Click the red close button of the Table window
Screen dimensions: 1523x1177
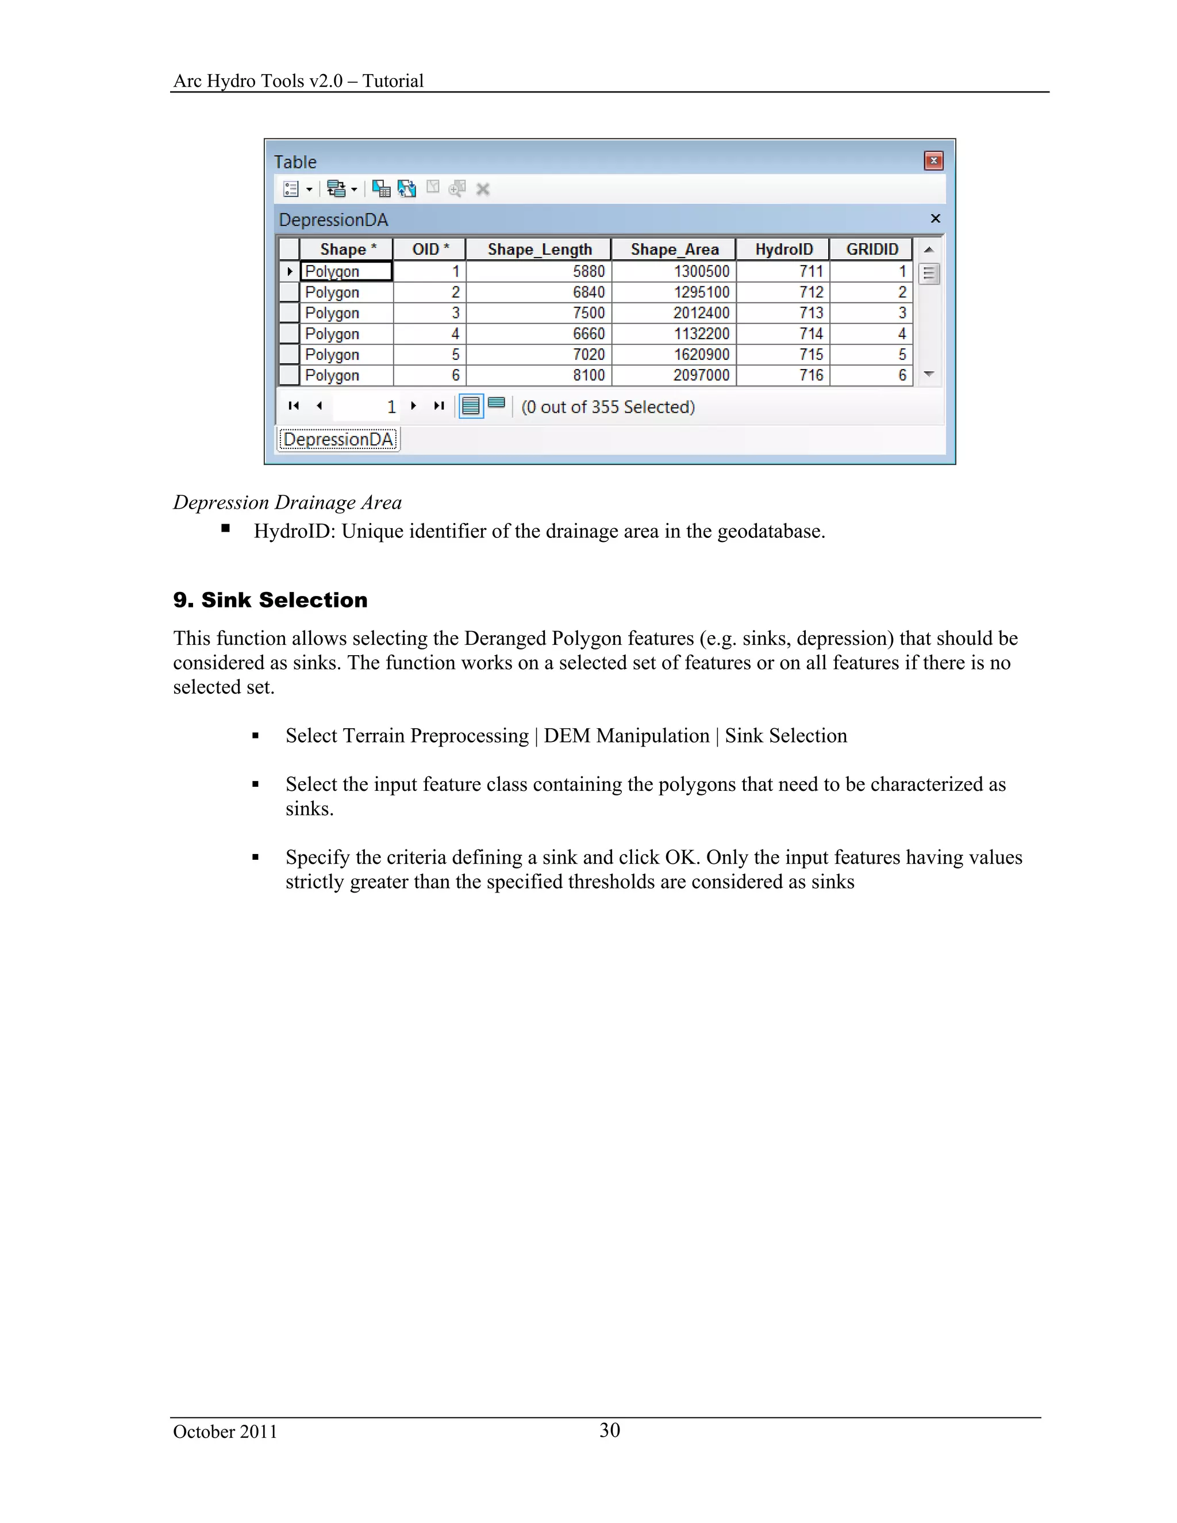(x=933, y=161)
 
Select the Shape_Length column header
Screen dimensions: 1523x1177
(x=539, y=249)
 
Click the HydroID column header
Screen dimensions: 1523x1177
(x=783, y=249)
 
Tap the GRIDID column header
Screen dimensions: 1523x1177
(x=872, y=249)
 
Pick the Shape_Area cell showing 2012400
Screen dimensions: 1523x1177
(x=701, y=313)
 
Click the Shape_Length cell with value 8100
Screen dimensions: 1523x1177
(x=588, y=375)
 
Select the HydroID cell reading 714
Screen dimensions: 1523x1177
(x=811, y=334)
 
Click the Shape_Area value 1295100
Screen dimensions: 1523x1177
(x=701, y=292)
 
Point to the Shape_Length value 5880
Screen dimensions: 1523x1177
(x=588, y=271)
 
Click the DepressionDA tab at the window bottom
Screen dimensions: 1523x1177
(x=338, y=439)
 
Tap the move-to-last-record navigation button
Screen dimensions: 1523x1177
(x=439, y=406)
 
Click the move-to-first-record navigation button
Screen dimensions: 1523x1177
(x=294, y=406)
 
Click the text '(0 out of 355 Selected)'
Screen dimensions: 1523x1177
(x=608, y=407)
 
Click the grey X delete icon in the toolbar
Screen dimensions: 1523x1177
(x=483, y=189)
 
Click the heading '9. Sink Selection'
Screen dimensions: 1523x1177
(x=270, y=601)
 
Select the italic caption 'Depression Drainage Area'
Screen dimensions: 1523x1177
(x=287, y=502)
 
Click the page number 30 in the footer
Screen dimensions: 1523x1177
(x=609, y=1430)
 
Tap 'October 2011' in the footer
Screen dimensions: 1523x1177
(x=225, y=1432)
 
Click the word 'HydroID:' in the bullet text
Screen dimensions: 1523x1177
(x=294, y=532)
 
